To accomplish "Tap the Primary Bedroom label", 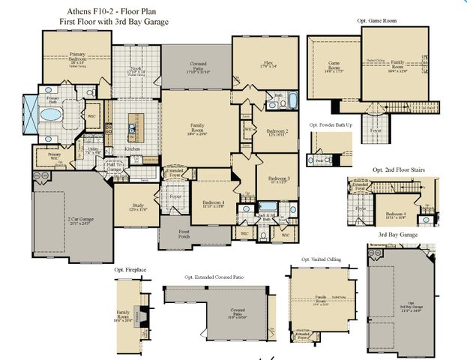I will point(77,57).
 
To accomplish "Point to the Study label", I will point(137,208).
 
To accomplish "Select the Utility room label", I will point(93,150).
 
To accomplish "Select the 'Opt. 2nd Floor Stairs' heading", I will point(398,170).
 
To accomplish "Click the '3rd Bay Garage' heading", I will point(397,235).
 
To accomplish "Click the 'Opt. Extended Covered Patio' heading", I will point(214,277).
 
